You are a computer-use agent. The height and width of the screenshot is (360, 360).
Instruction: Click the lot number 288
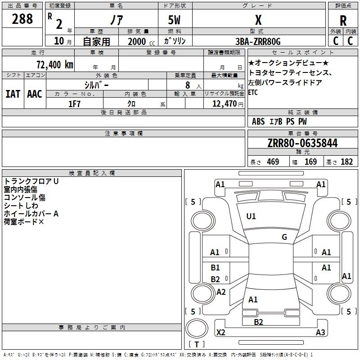point(22,19)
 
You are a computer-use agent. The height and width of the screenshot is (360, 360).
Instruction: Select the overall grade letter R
point(343,21)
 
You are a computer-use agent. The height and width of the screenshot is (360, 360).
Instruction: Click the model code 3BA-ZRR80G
point(258,41)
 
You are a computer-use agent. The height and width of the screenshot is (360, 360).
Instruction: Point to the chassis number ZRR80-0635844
point(302,144)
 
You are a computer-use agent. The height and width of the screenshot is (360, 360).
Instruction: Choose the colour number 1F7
point(74,103)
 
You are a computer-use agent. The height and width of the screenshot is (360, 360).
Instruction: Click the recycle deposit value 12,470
point(224,104)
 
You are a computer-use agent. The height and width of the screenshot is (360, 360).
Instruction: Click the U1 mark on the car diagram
point(251,216)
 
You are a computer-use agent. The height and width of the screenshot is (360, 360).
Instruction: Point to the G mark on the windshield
point(284,237)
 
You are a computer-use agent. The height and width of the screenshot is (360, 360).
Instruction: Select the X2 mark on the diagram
point(221,333)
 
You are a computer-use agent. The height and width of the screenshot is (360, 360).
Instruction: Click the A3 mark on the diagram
point(320,333)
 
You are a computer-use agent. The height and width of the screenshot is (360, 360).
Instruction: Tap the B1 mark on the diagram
point(216,268)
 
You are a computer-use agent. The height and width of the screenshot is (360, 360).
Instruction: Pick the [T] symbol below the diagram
point(196,345)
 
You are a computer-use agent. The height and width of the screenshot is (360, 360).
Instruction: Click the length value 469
point(273,162)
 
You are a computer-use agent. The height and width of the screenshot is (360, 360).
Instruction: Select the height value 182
point(347,162)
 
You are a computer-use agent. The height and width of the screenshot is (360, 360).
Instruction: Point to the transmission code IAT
point(13,94)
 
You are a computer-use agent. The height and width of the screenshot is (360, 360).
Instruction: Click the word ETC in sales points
point(253,93)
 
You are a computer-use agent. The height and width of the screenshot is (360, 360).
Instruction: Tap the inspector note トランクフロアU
point(31,181)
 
